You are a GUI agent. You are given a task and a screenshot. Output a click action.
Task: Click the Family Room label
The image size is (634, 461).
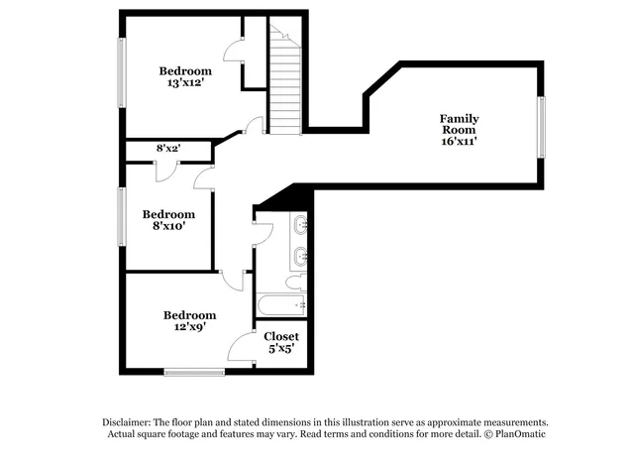pos(459,124)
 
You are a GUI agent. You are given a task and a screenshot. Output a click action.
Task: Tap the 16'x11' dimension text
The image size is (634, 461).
pos(459,142)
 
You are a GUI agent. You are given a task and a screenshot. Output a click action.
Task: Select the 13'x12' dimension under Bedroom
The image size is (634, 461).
pos(185,84)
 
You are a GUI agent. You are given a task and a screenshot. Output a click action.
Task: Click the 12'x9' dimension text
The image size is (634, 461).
pos(189,328)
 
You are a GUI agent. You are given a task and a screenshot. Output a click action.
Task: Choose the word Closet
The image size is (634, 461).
pos(281,336)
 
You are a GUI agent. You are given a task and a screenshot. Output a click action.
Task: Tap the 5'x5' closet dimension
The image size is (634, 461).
pos(281,350)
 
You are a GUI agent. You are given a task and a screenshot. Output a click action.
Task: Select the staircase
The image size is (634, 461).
pos(284,85)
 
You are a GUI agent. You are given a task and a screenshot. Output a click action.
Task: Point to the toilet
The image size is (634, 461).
pos(296,283)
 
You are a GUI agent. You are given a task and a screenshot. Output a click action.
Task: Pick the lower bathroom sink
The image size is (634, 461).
pos(300,257)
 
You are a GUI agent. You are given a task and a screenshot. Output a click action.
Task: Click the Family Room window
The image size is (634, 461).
pos(541,126)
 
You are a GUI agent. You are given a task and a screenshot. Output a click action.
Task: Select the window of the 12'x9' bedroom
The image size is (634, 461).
pos(194,372)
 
